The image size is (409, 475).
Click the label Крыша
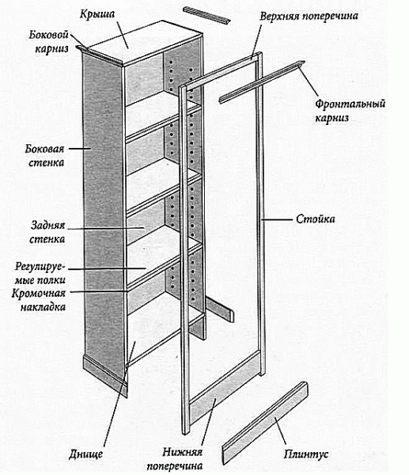[97, 14]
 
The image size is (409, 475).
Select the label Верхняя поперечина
[309, 16]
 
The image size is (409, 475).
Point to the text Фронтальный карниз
[350, 111]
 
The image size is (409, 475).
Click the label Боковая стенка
[45, 156]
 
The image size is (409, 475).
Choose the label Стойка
[315, 218]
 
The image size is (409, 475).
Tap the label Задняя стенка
[47, 232]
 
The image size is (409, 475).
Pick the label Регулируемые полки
[40, 273]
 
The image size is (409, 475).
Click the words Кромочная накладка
[39, 300]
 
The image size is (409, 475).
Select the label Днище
[85, 454]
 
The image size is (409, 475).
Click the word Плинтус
[306, 454]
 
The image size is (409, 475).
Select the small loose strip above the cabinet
[206, 16]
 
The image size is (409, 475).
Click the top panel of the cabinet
[145, 43]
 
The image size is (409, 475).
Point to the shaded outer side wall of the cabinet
[104, 212]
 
